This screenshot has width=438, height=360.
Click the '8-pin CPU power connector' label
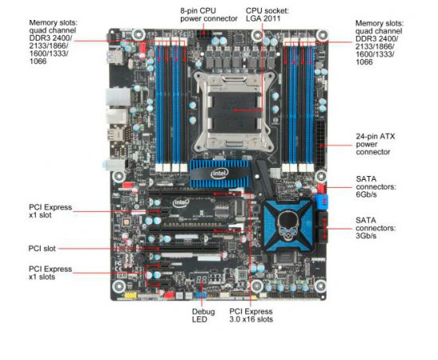(208, 14)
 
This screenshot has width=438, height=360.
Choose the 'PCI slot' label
(42, 248)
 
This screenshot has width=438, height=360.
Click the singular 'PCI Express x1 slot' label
(49, 212)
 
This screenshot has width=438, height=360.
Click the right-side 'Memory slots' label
(382, 41)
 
